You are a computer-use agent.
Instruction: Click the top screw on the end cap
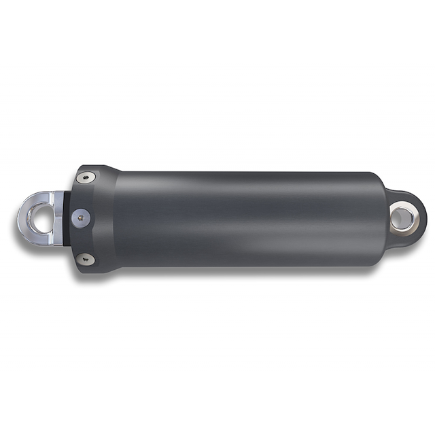86,178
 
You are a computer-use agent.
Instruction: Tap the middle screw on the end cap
81,217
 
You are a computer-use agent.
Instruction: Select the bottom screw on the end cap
86,258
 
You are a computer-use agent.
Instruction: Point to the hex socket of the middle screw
81,217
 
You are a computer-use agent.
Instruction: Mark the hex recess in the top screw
86,178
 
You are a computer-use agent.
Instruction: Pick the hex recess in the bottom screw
86,258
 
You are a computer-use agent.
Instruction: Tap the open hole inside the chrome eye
41,217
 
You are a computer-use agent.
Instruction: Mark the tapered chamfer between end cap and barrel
112,217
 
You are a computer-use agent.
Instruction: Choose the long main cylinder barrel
245,217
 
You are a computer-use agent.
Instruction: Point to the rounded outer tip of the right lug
424,217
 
